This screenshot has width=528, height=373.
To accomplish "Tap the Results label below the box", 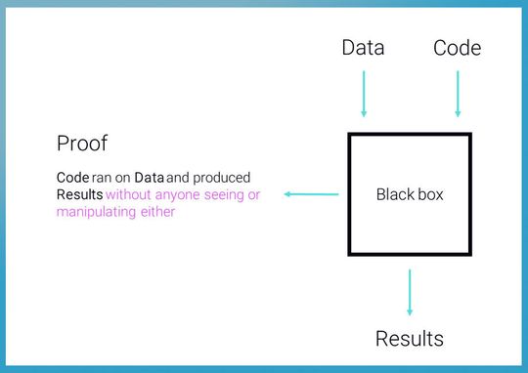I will point(410,339).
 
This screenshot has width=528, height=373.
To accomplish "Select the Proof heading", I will point(81,145).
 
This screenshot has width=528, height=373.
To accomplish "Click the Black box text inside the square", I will point(410,194).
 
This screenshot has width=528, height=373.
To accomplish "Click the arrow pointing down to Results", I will point(410,292).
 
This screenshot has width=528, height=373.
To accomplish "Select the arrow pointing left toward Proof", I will point(312,194).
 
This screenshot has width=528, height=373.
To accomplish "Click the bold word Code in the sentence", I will point(73,178).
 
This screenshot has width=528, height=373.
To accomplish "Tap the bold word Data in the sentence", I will point(149,178).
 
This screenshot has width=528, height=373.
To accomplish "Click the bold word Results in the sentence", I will point(79,195).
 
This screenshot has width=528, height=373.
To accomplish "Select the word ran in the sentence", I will point(103,178).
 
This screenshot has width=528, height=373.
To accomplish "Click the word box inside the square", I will point(430,194).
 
